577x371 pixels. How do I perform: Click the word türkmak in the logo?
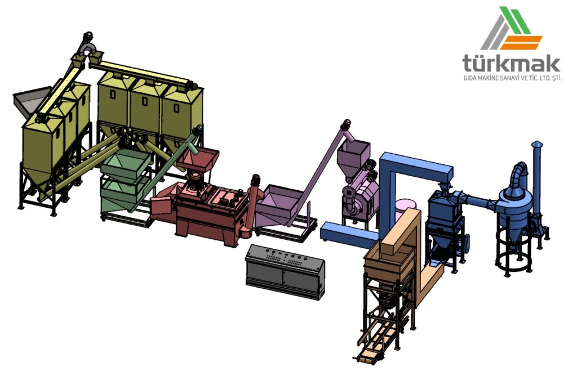(x=511, y=62)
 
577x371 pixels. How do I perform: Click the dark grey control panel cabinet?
(x=285, y=271)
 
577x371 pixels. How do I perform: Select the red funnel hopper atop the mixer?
(x=198, y=158)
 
